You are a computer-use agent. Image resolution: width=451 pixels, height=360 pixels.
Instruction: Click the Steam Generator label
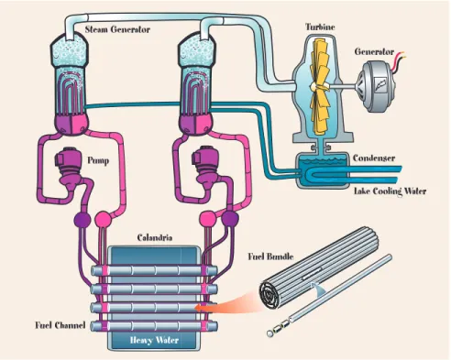[117, 29]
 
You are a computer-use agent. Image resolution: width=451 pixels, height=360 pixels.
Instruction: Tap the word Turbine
[320, 27]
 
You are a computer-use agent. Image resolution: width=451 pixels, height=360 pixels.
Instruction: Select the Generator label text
[374, 51]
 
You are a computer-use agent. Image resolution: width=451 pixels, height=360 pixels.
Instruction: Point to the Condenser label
[374, 158]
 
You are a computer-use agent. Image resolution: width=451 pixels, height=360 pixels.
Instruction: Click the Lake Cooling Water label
[390, 191]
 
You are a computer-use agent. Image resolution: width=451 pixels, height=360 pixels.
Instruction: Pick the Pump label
[98, 160]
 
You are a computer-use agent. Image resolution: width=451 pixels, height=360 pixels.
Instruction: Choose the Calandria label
[155, 237]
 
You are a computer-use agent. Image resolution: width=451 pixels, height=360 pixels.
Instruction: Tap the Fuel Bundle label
[270, 256]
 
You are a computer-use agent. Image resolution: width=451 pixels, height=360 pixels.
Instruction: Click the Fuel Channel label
[60, 325]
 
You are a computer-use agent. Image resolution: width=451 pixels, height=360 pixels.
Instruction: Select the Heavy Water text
[154, 340]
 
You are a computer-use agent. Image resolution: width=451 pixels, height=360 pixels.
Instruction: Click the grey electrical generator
[378, 86]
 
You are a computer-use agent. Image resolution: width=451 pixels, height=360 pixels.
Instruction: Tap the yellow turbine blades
[321, 87]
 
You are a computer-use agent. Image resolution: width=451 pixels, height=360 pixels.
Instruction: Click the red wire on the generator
[399, 58]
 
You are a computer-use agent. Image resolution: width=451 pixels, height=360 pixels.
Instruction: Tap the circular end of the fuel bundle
[270, 295]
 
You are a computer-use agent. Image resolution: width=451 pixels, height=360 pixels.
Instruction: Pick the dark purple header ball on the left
[82, 219]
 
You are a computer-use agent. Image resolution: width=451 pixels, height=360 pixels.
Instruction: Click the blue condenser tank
[323, 170]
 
